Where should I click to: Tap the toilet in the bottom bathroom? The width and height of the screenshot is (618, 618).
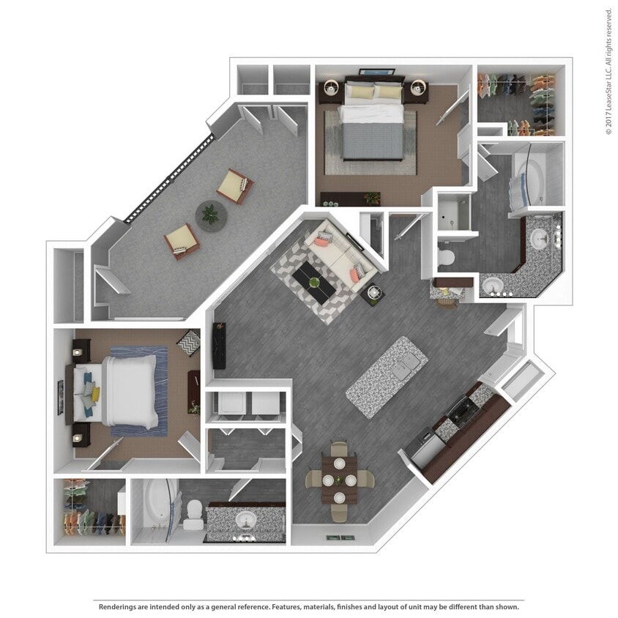coord(193,513)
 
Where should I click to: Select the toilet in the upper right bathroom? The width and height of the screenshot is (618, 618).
coord(446,257)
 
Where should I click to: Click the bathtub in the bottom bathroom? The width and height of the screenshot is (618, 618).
coord(156,509)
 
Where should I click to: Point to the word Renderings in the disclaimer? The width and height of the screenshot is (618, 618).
coord(119,606)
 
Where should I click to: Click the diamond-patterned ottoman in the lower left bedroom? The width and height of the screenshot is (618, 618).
coord(190,343)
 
